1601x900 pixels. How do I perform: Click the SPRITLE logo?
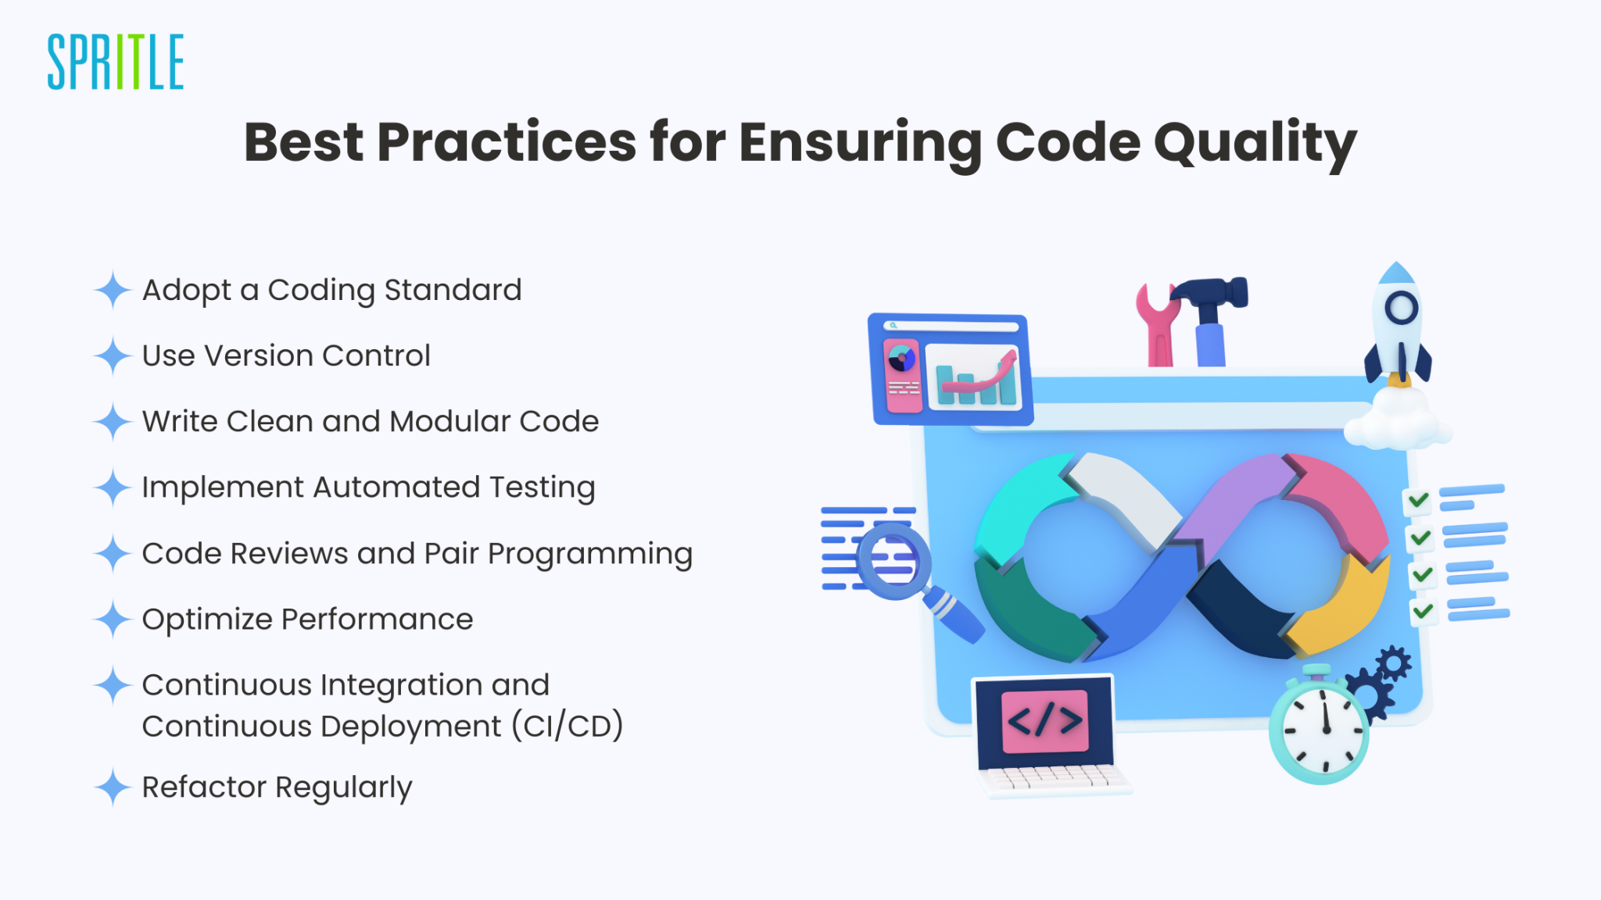[116, 62]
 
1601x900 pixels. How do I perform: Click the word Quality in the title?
[1255, 144]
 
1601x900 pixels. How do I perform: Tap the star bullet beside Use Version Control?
[113, 356]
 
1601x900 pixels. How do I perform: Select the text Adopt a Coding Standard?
[331, 291]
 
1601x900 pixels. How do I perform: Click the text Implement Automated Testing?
[368, 487]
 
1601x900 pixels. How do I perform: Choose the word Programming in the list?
[590, 554]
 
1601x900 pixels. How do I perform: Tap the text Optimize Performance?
[307, 620]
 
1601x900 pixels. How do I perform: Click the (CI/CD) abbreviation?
[568, 727]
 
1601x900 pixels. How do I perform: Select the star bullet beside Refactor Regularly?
[113, 787]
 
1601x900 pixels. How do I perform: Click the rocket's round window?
[1401, 308]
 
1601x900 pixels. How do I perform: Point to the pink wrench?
[1157, 328]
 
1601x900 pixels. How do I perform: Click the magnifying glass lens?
[894, 560]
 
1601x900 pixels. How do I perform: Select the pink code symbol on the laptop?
[1045, 720]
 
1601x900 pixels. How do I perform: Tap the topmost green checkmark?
[1419, 500]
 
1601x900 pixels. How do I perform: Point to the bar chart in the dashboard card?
[974, 379]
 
